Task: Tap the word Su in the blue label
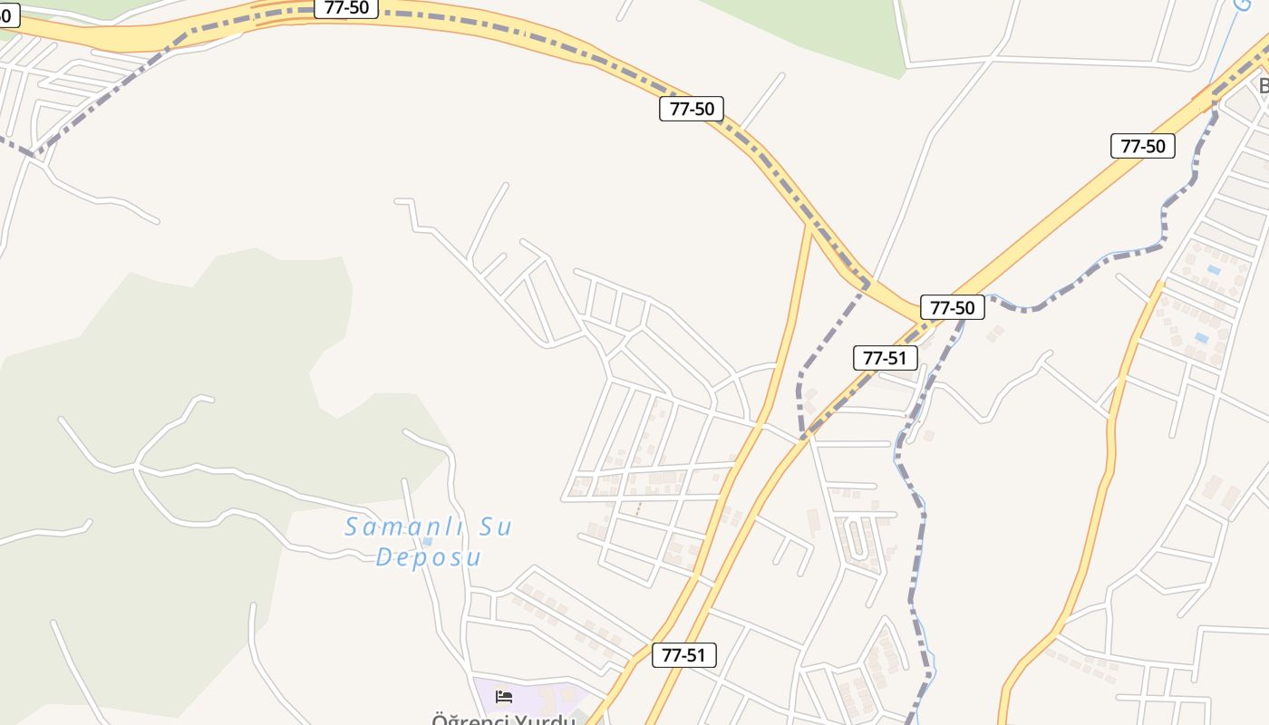click(x=494, y=527)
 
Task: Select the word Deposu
click(x=428, y=556)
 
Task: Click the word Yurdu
click(x=545, y=720)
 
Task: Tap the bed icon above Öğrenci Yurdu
click(x=504, y=696)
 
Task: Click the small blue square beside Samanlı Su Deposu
click(x=427, y=541)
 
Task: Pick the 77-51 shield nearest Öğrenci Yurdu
click(x=683, y=655)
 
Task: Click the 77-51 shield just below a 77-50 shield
click(x=885, y=357)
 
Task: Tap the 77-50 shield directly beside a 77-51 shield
click(x=952, y=307)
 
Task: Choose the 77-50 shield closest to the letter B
click(x=1142, y=146)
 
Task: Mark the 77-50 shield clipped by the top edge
click(x=346, y=7)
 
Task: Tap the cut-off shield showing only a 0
click(x=7, y=14)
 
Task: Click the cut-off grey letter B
click(x=1263, y=86)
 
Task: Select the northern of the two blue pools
click(x=1214, y=270)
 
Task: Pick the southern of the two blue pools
click(x=1201, y=338)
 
